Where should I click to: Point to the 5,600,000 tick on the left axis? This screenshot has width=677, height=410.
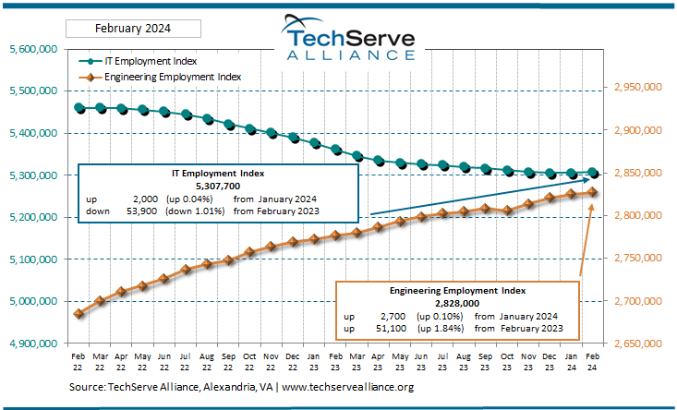pos(34,49)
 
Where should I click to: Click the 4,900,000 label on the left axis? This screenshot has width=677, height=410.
pos(34,344)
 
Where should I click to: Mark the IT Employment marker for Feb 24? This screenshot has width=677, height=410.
pos(593,173)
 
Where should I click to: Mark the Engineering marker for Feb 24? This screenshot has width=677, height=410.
pos(593,192)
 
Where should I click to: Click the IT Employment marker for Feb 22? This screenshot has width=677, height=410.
pos(79,108)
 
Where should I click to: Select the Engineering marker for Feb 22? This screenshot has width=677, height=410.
pos(79,314)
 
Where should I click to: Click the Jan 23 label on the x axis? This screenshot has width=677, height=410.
pos(315,359)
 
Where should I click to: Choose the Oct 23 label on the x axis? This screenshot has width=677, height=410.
pos(507,359)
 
